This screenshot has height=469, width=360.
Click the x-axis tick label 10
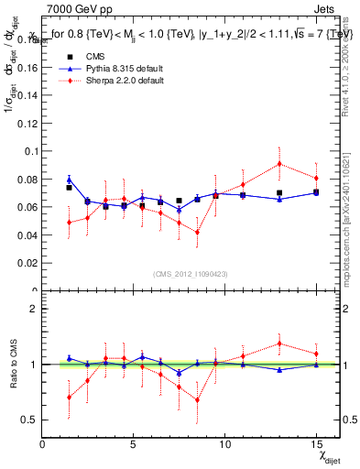224,443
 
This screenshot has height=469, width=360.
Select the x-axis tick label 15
315,443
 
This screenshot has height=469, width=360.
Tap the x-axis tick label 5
134,443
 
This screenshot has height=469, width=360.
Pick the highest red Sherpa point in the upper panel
279,164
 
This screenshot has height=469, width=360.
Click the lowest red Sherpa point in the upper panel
197,232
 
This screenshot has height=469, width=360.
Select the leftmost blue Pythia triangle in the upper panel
69,180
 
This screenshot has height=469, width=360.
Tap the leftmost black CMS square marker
69,188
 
